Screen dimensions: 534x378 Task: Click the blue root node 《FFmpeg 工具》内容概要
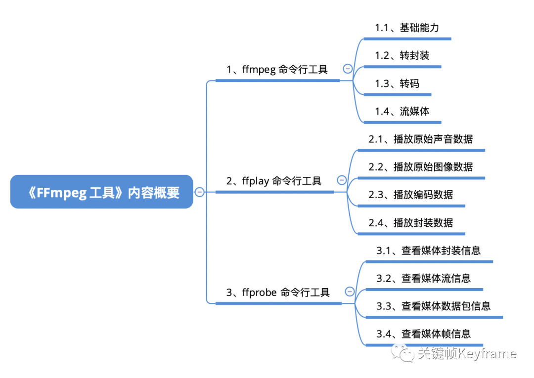click(x=101, y=192)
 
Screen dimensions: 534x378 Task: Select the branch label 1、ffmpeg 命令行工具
click(x=277, y=70)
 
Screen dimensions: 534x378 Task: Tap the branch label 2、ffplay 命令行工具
click(x=274, y=181)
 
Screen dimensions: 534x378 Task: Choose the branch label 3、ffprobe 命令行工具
click(x=278, y=293)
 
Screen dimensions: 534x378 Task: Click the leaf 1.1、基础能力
click(x=406, y=28)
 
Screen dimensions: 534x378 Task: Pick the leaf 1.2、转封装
click(x=401, y=55)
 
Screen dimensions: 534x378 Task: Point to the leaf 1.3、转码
click(x=397, y=84)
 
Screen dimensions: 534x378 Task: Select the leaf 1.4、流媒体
click(x=401, y=111)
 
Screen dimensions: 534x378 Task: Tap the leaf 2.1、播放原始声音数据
click(x=420, y=139)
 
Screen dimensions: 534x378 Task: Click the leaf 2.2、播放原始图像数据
click(x=420, y=167)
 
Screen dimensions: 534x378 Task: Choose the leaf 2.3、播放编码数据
click(x=410, y=195)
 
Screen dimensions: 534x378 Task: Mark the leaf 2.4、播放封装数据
click(x=410, y=223)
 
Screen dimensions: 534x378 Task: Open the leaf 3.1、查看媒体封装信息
click(x=428, y=251)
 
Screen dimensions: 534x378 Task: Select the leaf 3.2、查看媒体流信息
click(x=423, y=278)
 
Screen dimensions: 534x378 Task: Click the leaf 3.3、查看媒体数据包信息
click(x=433, y=306)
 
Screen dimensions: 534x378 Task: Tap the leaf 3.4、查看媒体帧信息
click(x=423, y=334)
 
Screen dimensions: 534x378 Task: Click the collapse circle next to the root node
click(x=200, y=192)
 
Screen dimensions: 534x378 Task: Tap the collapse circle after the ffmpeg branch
click(x=348, y=69)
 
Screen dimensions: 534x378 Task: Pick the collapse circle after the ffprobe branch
click(x=350, y=292)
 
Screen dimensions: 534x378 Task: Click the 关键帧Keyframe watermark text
click(x=466, y=354)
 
